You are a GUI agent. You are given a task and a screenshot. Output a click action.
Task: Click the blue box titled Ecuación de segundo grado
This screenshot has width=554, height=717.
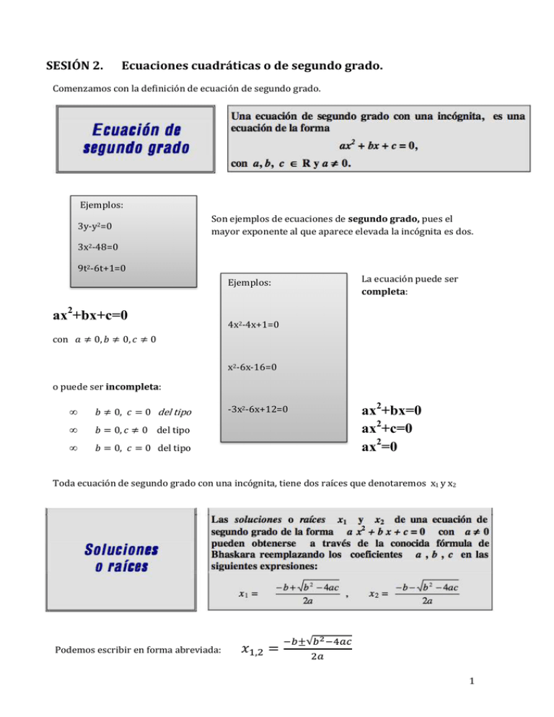(136, 140)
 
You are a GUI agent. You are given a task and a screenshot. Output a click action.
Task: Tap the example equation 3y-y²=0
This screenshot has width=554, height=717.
(93, 226)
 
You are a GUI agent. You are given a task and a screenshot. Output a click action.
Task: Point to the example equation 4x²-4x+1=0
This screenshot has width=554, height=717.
(252, 325)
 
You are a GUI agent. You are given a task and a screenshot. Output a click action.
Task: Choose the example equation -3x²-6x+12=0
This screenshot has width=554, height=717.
(257, 409)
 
